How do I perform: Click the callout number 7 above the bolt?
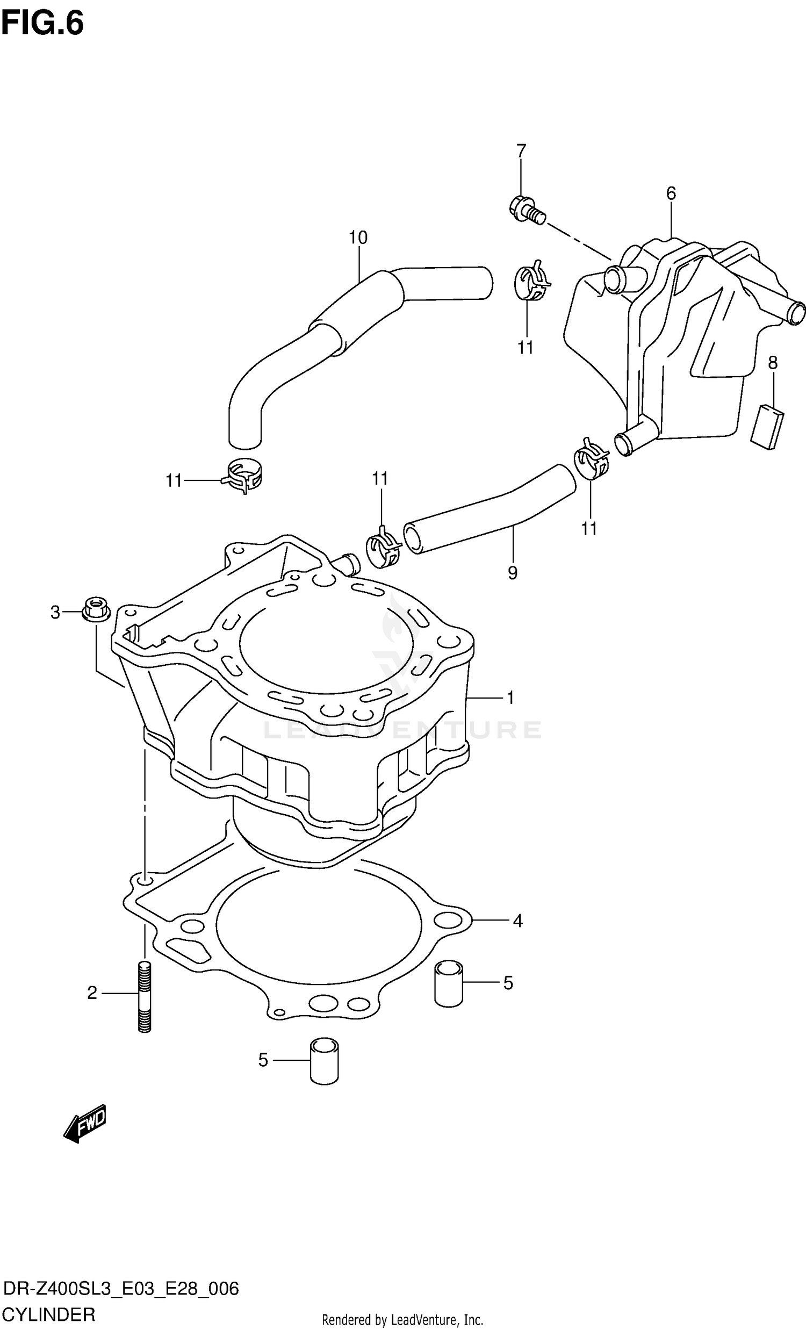coord(521,151)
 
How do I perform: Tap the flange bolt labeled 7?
coord(527,211)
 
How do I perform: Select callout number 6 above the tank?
coord(671,193)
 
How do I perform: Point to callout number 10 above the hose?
coord(357,238)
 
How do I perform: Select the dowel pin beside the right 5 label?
coord(449,983)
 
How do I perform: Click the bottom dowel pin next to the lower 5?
coord(325,1061)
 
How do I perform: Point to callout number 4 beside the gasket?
coord(517,921)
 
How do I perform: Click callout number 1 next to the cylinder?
coord(509,698)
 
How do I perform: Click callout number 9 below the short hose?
coord(512,572)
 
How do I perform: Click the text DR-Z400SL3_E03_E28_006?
coord(120,1289)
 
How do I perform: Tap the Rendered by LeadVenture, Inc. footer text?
coord(402,1320)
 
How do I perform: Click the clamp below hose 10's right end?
coord(532,282)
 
